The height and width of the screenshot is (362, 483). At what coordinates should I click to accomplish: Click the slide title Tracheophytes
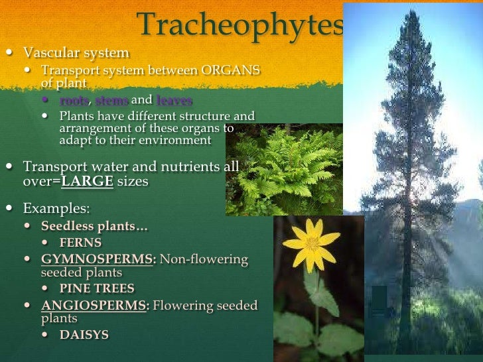click(x=240, y=25)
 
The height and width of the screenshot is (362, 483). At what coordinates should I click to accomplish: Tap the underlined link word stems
click(x=111, y=101)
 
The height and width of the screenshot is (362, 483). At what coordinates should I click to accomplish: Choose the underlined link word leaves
click(x=174, y=101)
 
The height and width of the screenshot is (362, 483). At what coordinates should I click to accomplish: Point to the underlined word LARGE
click(x=87, y=181)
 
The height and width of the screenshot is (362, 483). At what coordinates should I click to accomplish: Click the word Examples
click(x=56, y=208)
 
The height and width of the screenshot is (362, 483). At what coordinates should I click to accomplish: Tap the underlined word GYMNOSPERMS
click(x=98, y=259)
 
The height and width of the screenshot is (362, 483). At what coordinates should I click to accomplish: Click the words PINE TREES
click(x=97, y=288)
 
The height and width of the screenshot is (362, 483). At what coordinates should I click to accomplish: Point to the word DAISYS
click(x=84, y=335)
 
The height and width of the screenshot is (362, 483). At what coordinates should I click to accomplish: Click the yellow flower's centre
click(x=312, y=243)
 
